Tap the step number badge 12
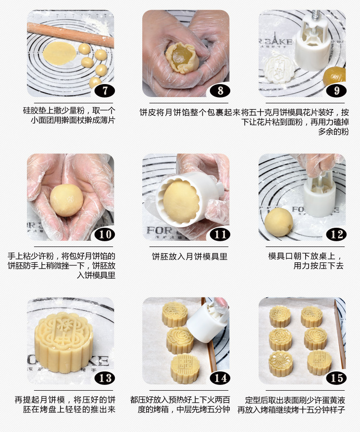tap(336, 235)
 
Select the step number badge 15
tap(336, 378)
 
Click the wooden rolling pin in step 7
tap(70, 35)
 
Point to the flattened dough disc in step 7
tap(59, 53)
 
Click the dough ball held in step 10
tap(67, 200)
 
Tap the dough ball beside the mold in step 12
tap(279, 222)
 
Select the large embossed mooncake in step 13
tap(63, 342)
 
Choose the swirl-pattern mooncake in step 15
tap(281, 363)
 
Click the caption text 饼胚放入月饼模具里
tap(190, 257)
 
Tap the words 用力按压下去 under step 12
tap(318, 266)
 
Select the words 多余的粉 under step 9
tap(334, 131)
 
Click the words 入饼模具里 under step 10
tap(96, 275)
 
